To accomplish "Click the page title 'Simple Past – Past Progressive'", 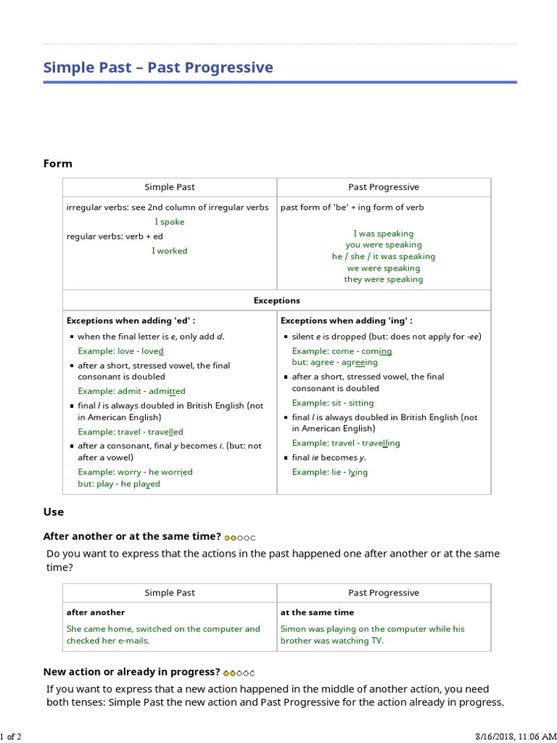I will point(158,67).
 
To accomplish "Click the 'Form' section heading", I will point(58,163).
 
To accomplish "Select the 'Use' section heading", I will point(54,512).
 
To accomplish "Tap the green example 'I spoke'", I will point(170,222).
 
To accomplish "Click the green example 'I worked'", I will point(170,251).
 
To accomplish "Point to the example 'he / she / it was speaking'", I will point(384,256).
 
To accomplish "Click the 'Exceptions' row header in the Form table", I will point(276,300).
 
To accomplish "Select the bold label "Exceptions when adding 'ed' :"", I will point(131,320).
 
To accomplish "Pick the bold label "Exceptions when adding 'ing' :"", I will point(346,320).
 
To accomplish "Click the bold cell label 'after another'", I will point(96,612).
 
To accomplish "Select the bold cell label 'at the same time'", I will point(317,612).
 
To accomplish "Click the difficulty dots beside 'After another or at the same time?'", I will point(240,538).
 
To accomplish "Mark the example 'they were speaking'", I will point(384,279).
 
